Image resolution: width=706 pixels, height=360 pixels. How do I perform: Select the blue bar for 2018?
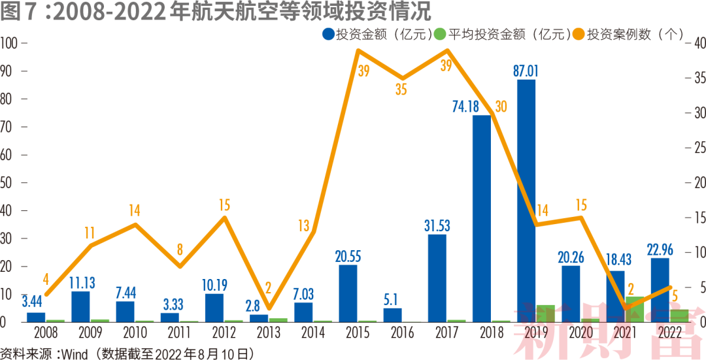[x=482, y=218]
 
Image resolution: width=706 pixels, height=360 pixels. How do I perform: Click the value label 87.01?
[x=526, y=71]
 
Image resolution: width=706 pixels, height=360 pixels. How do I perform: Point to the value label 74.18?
[x=472, y=106]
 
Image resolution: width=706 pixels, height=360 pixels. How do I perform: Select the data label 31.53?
[x=437, y=225]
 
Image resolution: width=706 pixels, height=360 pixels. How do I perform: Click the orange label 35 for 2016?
[x=401, y=90]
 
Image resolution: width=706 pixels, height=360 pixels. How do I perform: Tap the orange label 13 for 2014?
[x=303, y=226]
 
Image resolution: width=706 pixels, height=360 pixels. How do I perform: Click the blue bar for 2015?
[x=348, y=293]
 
